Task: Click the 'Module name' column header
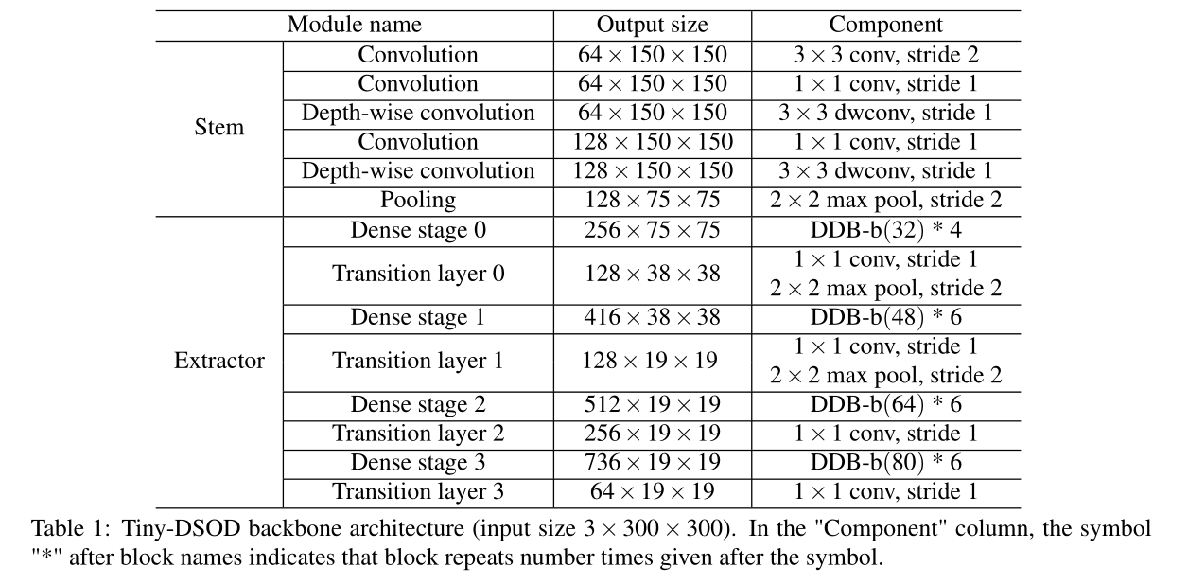click(355, 25)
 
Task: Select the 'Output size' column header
click(652, 25)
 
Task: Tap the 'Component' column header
click(885, 25)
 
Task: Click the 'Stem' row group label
click(218, 127)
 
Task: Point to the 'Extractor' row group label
click(218, 361)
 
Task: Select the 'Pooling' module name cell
click(418, 200)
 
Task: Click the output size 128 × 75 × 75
click(652, 200)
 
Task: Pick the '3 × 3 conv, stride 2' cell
click(885, 55)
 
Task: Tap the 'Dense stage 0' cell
click(418, 230)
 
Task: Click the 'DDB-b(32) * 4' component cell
click(885, 230)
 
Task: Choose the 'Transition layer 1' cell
click(418, 361)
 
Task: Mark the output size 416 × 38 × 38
click(652, 317)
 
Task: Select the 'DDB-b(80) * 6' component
click(885, 463)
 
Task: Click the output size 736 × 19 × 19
click(652, 463)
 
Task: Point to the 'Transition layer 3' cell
click(418, 492)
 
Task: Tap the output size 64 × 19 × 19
click(652, 492)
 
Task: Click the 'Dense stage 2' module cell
click(418, 404)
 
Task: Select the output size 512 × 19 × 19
click(652, 404)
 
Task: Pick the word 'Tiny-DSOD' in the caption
click(162, 528)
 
